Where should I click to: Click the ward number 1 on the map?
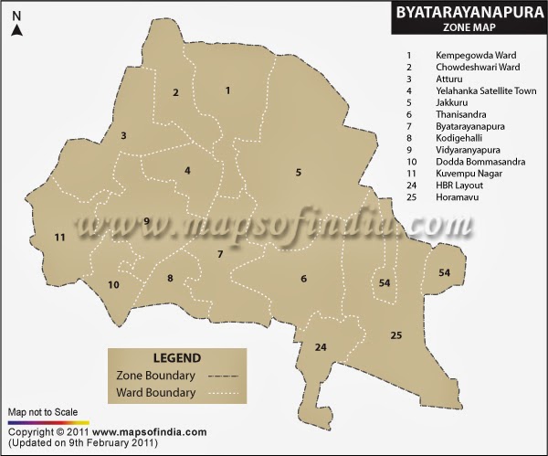pos(227,90)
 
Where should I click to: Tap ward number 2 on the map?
pos(175,92)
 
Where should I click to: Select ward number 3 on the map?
pos(123,136)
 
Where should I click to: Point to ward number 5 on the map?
pos(298,172)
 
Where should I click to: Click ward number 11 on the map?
pos(60,238)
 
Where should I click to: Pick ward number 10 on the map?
pos(113,285)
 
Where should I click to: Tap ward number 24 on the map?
pos(321,347)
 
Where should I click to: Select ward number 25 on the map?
pos(395,336)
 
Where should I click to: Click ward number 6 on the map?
pos(303,279)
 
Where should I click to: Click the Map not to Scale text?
pos(43,412)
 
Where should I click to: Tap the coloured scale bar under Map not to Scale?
pos(46,421)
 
